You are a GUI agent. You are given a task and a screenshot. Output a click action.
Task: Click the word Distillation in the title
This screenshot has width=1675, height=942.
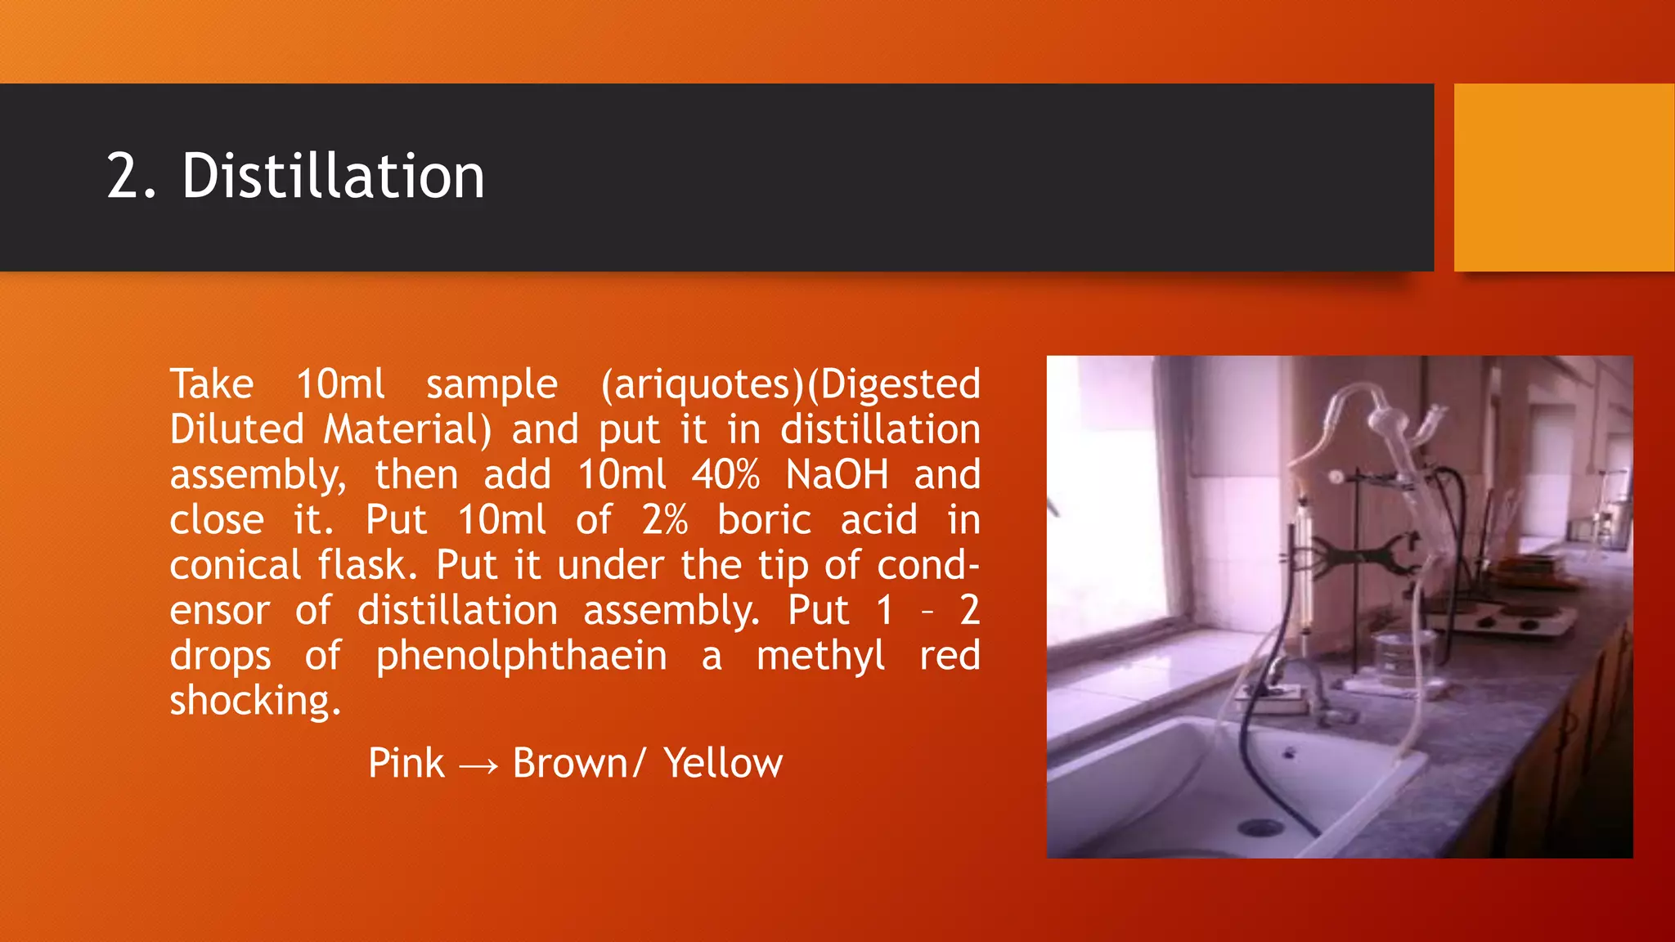(x=333, y=177)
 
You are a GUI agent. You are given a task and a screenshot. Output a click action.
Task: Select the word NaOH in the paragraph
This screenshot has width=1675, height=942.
(x=837, y=475)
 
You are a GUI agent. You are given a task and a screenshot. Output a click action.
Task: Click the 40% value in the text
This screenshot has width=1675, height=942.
(x=725, y=475)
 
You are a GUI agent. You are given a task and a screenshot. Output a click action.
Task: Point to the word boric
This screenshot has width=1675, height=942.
(x=764, y=520)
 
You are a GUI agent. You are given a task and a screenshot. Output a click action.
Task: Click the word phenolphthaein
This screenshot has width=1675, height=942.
(x=521, y=657)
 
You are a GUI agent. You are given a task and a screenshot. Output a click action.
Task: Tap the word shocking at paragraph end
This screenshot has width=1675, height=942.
(x=254, y=701)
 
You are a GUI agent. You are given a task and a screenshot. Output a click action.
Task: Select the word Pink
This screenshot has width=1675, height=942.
(x=406, y=764)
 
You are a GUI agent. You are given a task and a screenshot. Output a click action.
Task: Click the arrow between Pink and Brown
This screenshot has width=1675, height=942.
(x=478, y=765)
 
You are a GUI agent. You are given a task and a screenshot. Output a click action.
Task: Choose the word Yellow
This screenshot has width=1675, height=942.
(x=723, y=764)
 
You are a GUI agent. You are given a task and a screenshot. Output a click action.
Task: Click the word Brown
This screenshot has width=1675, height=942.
(x=569, y=764)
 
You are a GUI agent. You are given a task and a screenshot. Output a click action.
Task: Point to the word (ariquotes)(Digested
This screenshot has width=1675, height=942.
(x=790, y=384)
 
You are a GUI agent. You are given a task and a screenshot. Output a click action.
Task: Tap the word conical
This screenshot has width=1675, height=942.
(x=236, y=566)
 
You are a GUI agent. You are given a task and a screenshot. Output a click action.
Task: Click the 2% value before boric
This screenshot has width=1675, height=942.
(x=664, y=520)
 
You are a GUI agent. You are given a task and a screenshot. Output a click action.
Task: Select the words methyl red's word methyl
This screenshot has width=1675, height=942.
(x=820, y=657)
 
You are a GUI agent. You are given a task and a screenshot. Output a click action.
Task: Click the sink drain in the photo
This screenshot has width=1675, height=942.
(x=1260, y=828)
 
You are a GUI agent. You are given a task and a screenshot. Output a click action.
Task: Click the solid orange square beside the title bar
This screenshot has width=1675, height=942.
(x=1564, y=177)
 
